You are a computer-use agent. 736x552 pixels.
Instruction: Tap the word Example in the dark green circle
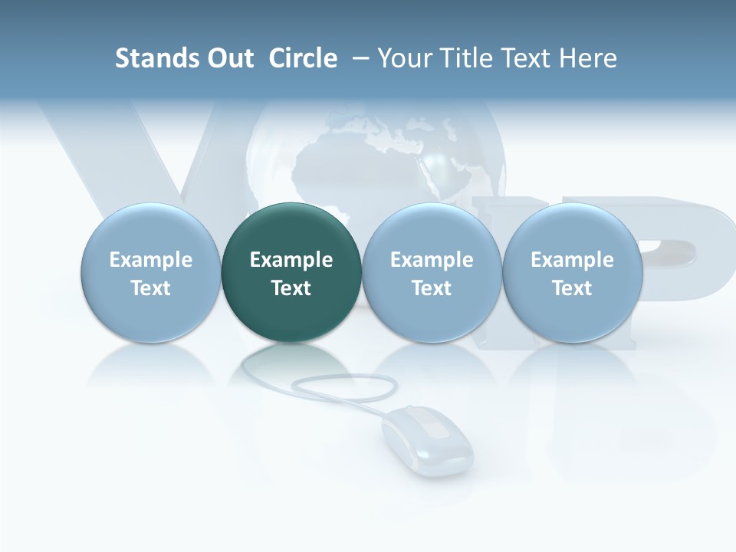coord(291,260)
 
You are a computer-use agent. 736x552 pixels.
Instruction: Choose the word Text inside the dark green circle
coord(291,288)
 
